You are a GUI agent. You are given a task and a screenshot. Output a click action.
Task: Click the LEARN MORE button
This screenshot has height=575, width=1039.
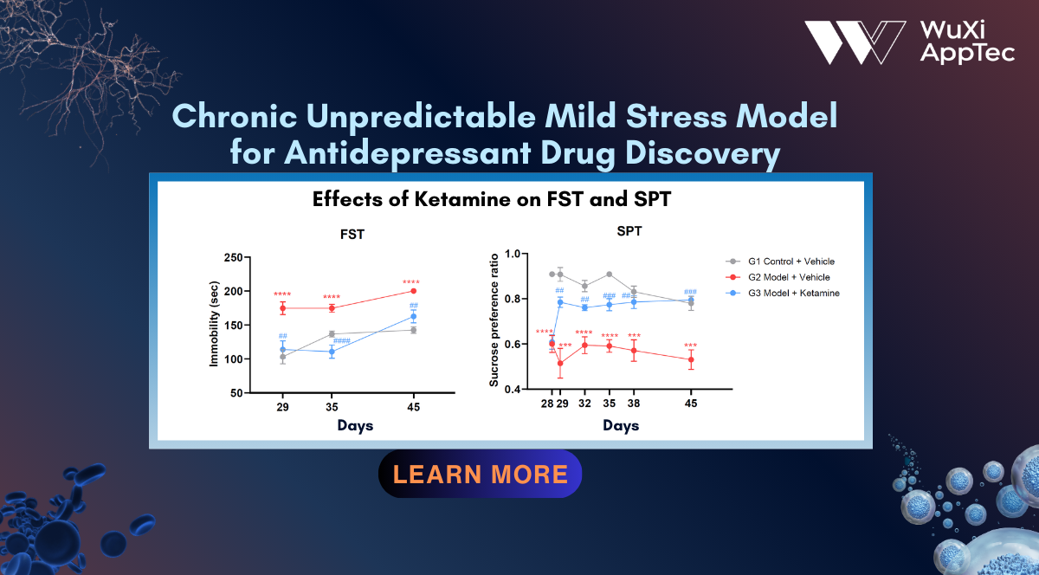[480, 474]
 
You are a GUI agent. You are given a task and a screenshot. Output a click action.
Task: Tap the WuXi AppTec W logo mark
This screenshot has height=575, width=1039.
[855, 42]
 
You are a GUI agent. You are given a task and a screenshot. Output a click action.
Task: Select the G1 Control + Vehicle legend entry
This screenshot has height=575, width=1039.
[780, 262]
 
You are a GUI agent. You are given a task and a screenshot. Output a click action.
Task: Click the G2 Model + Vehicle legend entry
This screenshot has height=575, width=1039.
[778, 277]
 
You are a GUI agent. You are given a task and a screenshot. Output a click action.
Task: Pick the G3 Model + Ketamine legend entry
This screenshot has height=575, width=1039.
[783, 293]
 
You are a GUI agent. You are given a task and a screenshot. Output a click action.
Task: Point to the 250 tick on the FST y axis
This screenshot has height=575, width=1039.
[233, 257]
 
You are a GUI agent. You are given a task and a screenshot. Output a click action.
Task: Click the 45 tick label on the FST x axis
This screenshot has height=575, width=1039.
[413, 407]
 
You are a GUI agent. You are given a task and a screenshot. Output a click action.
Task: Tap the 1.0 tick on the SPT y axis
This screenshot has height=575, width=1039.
[513, 254]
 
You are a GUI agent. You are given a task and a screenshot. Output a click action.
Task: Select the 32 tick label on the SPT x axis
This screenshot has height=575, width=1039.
[584, 404]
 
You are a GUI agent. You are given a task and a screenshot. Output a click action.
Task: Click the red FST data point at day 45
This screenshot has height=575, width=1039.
[413, 291]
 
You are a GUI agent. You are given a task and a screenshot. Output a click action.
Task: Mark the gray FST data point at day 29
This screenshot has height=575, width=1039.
[282, 357]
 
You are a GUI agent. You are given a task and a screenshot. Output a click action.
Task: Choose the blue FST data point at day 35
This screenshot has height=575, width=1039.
[332, 352]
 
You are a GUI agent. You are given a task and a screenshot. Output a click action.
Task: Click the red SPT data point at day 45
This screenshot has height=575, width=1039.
[691, 359]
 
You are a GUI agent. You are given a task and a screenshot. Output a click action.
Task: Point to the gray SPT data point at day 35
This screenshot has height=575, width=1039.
[609, 275]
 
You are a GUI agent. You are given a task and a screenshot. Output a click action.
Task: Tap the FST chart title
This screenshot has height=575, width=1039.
[352, 235]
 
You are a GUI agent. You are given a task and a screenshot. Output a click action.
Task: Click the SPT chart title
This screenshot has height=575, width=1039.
[629, 231]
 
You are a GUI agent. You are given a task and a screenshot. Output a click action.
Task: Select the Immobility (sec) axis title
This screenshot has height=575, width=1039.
[214, 324]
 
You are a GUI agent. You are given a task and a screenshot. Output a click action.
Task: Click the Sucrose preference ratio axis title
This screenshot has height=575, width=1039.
[494, 320]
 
